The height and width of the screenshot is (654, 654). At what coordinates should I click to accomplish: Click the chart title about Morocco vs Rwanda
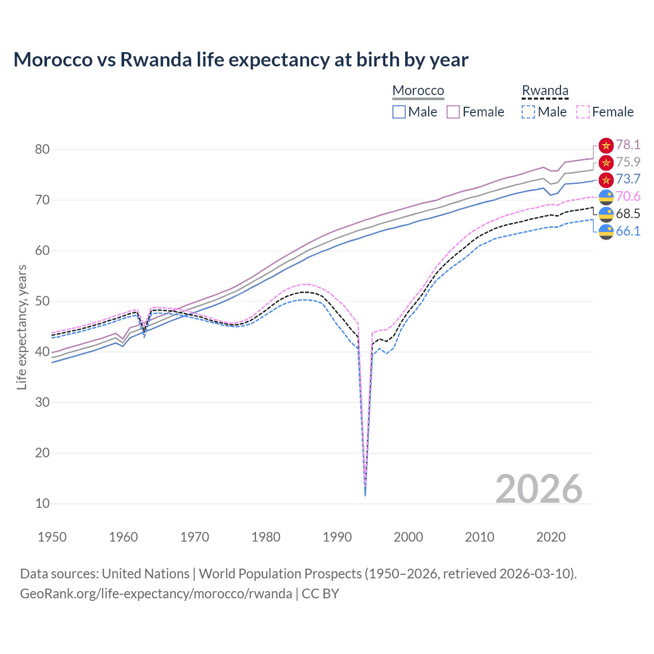coord(241,60)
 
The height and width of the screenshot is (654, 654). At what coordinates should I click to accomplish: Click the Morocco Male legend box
coord(399,112)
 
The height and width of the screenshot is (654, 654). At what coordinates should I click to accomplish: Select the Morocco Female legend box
coord(453,112)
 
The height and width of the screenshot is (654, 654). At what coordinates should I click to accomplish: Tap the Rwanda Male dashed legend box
coord(528,112)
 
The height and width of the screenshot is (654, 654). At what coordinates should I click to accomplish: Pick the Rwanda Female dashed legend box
coord(583,112)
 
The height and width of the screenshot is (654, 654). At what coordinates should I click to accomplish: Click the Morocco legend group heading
coord(418,90)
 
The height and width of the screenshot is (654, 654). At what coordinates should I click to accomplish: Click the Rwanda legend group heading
coord(545,90)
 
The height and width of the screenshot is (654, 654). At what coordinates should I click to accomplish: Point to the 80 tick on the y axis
coord(42,150)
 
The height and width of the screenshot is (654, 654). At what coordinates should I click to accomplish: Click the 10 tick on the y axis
coord(42,504)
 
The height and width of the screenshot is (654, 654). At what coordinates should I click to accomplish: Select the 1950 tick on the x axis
coord(52,537)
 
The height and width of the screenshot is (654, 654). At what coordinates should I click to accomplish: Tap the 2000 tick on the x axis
coord(408,537)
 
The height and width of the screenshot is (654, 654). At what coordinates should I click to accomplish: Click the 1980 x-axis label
coord(266,537)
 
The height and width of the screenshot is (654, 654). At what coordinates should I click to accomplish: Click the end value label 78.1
coord(628,145)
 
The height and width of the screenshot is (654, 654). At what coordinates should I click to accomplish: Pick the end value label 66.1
coord(628,231)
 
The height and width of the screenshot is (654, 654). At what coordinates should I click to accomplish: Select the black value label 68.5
coord(628,214)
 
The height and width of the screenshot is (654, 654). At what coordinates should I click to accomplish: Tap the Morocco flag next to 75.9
coord(606,162)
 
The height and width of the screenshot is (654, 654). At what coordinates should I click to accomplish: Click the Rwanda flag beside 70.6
coord(606,197)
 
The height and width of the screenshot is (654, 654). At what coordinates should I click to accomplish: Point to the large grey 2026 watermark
coord(539,489)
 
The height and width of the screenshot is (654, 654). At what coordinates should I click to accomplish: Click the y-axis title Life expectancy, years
coord(21,327)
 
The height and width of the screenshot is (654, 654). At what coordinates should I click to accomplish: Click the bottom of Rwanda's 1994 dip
coord(365,495)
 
